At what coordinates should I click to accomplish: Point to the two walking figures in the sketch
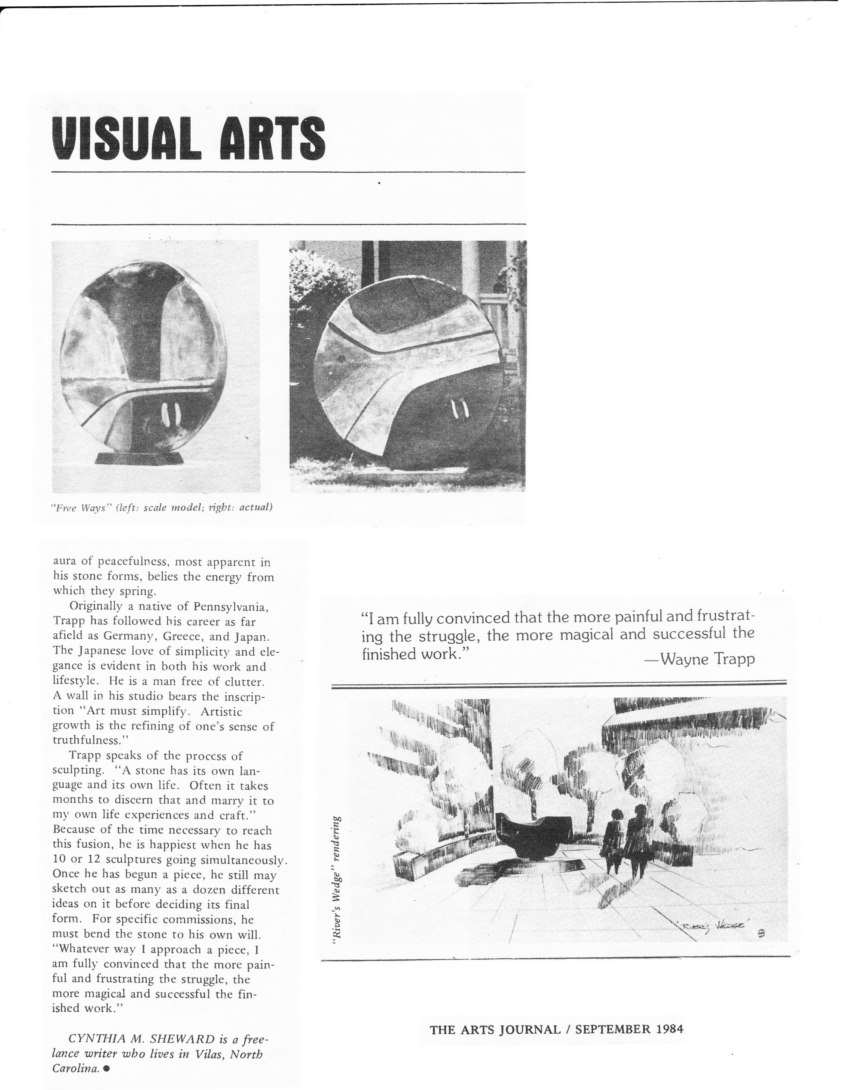tap(624, 843)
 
